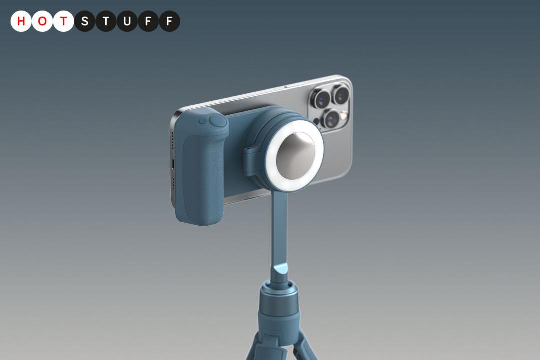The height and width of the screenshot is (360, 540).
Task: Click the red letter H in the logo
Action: pos(21,21)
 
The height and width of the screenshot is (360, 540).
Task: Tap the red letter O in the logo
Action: pos(42,21)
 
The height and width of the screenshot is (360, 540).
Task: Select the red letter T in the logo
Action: pos(63,21)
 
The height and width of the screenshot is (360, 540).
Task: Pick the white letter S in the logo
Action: pos(84,21)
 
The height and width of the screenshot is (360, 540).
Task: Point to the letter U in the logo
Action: pos(127,21)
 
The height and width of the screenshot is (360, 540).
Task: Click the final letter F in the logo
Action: pos(169,21)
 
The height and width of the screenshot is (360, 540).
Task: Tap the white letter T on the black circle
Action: pos(106,21)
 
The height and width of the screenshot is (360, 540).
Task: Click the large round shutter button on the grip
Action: pos(218,121)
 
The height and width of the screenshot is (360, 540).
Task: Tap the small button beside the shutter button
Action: pos(203,121)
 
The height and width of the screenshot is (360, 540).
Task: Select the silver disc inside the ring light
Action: pos(295,156)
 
